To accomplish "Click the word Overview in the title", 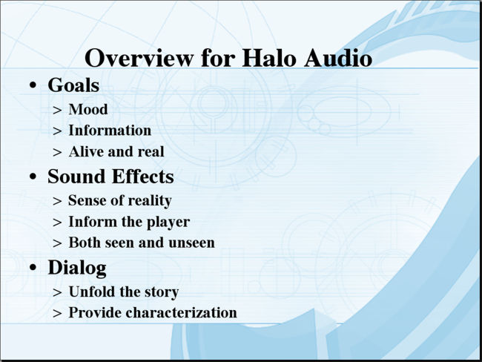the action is [x=139, y=58].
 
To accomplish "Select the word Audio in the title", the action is [x=338, y=58].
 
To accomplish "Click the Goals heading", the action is [x=73, y=85].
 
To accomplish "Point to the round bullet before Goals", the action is [x=33, y=85].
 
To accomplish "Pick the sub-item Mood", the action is [x=88, y=109].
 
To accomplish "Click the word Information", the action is [x=110, y=130].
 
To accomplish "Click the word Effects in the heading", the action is [x=142, y=177].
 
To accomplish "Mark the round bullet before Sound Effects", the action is [x=33, y=177].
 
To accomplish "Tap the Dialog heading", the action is [x=77, y=268].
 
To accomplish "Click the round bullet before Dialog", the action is [x=33, y=268].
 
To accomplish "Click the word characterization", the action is [x=182, y=312].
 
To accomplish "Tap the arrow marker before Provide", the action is [x=57, y=313].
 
